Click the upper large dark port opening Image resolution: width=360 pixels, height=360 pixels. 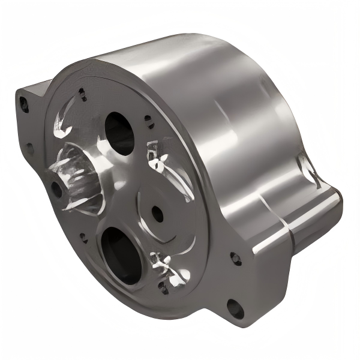119,130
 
